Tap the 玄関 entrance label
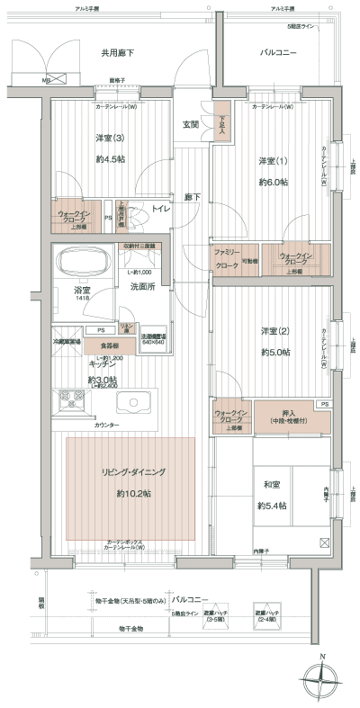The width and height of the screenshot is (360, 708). coord(190,123)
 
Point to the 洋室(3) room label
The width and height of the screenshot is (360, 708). coord(111,138)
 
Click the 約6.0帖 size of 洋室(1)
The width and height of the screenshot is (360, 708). coord(273,182)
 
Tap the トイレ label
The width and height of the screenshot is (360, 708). coord(161,209)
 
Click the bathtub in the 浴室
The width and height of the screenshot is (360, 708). coord(82,264)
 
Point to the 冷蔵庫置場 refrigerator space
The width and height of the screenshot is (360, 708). coord(67,343)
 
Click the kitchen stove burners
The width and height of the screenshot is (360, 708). coord(70,399)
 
